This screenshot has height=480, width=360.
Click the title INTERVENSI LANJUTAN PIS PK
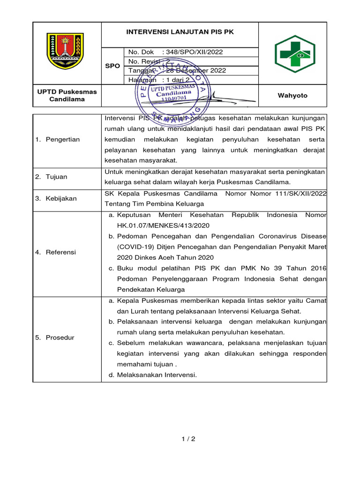(180, 32)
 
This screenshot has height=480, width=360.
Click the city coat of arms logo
(65, 51)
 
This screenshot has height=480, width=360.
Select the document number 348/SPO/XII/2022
(196, 52)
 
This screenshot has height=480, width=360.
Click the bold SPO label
(112, 66)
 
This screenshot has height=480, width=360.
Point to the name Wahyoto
(292, 96)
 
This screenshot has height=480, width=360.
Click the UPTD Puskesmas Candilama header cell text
(67, 96)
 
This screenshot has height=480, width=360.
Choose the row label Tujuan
(56, 177)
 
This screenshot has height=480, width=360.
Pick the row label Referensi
(60, 252)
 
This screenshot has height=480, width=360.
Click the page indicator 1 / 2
(188, 439)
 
